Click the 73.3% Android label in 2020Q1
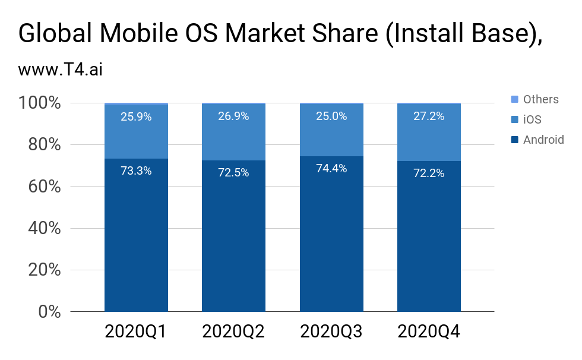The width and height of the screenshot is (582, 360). (136, 171)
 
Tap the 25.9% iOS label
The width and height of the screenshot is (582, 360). (136, 117)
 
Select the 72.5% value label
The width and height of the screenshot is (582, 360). (233, 173)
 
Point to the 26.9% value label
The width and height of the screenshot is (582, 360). (233, 116)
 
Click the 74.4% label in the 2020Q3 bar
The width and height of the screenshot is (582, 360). (331, 169)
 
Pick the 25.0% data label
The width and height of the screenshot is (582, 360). (331, 116)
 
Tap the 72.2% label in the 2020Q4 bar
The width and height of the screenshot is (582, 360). (429, 173)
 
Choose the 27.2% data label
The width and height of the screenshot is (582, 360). (429, 116)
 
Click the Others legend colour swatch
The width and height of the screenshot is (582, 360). (514, 99)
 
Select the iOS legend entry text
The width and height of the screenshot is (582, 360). (532, 119)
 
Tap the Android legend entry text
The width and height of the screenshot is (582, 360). (543, 140)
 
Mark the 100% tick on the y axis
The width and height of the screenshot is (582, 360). (41, 103)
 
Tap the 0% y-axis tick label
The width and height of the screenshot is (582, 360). (49, 311)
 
